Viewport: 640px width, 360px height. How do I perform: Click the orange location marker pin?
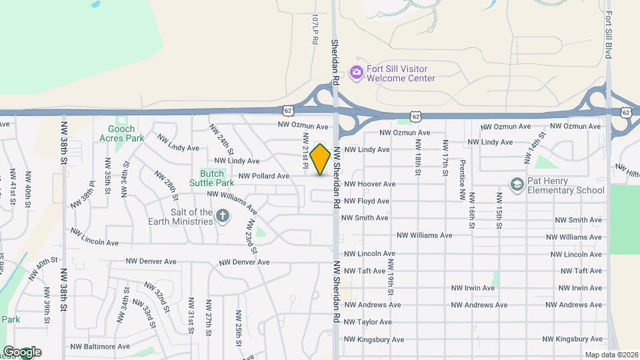(x=321, y=159)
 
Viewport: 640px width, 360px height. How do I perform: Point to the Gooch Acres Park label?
(x=117, y=133)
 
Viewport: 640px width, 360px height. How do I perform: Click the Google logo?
(x=22, y=352)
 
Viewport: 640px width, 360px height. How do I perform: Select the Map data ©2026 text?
(x=611, y=355)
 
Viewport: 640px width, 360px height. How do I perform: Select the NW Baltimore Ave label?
(x=99, y=347)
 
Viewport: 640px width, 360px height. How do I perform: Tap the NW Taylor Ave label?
(x=366, y=322)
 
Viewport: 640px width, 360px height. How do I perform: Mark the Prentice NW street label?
(x=461, y=180)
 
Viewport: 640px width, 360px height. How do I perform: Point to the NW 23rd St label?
(x=252, y=237)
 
